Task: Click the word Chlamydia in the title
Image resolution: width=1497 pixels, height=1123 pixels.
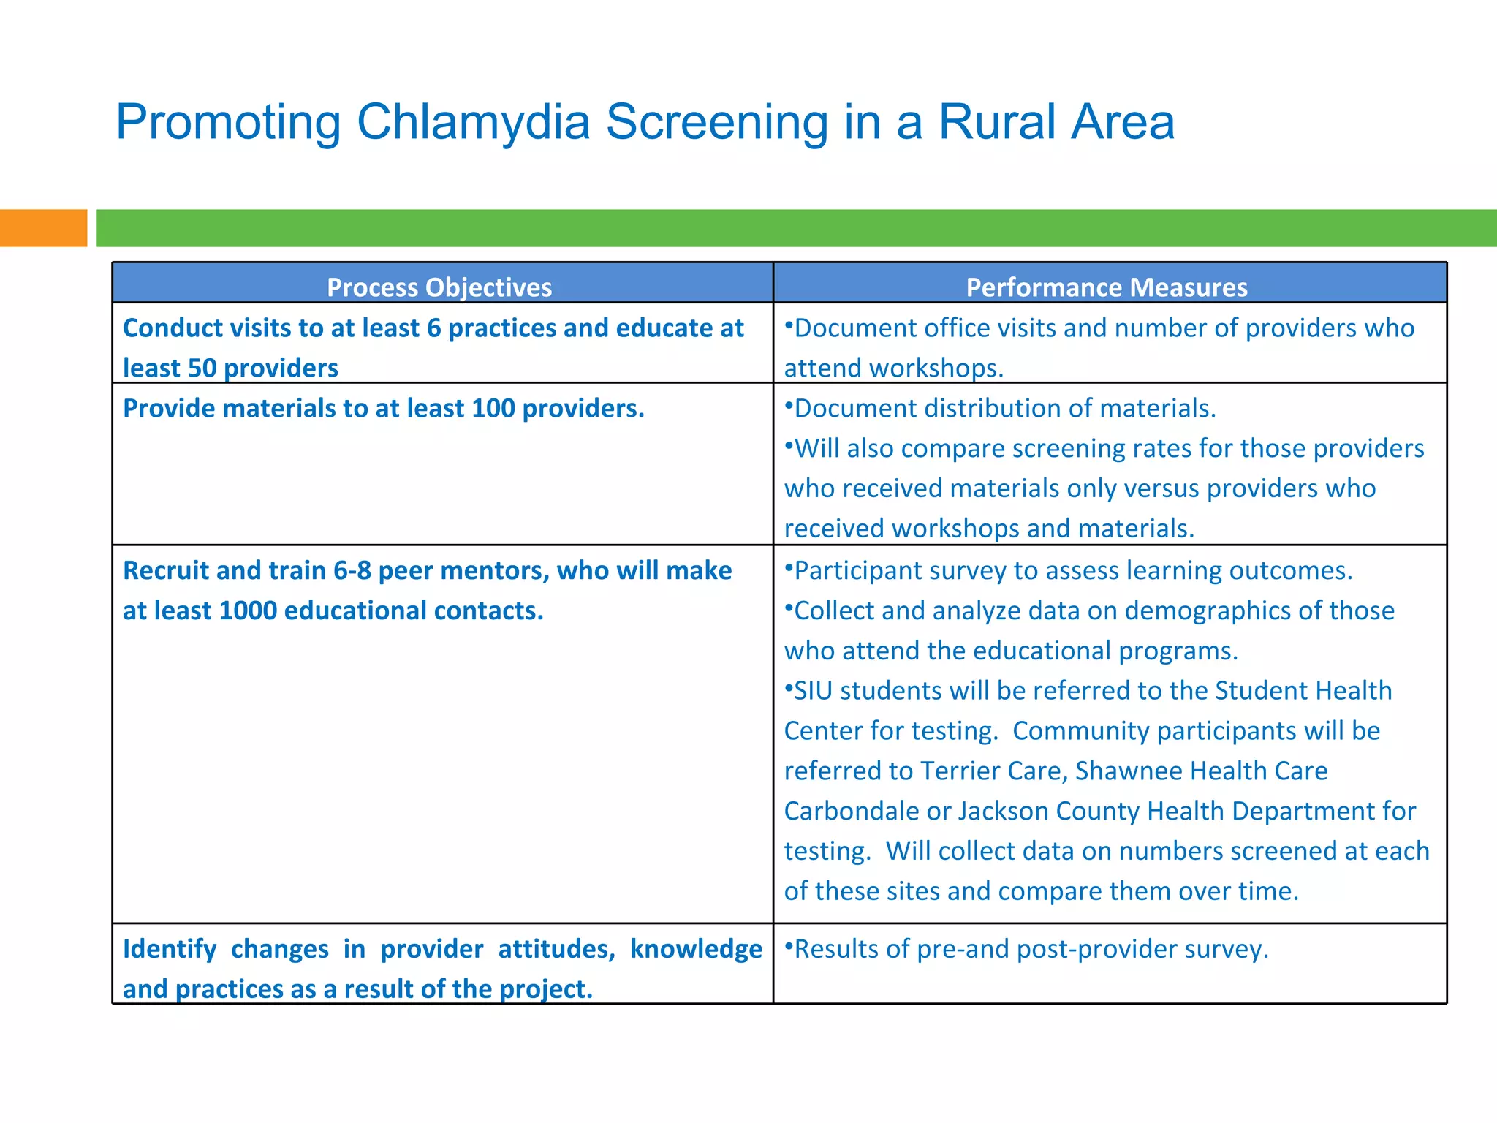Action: click(473, 122)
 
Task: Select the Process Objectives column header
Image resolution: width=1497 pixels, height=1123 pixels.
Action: click(439, 287)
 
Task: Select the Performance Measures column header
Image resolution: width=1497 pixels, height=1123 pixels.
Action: click(1106, 287)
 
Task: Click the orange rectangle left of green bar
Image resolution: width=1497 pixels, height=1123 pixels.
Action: click(42, 228)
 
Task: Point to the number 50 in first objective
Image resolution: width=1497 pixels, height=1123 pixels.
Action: click(202, 368)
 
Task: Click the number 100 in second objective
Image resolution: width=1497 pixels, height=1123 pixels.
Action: click(493, 408)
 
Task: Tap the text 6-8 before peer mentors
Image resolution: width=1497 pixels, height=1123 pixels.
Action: click(352, 570)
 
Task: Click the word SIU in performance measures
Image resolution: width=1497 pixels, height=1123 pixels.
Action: click(813, 691)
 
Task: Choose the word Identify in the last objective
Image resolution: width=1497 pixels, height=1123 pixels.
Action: click(170, 949)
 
